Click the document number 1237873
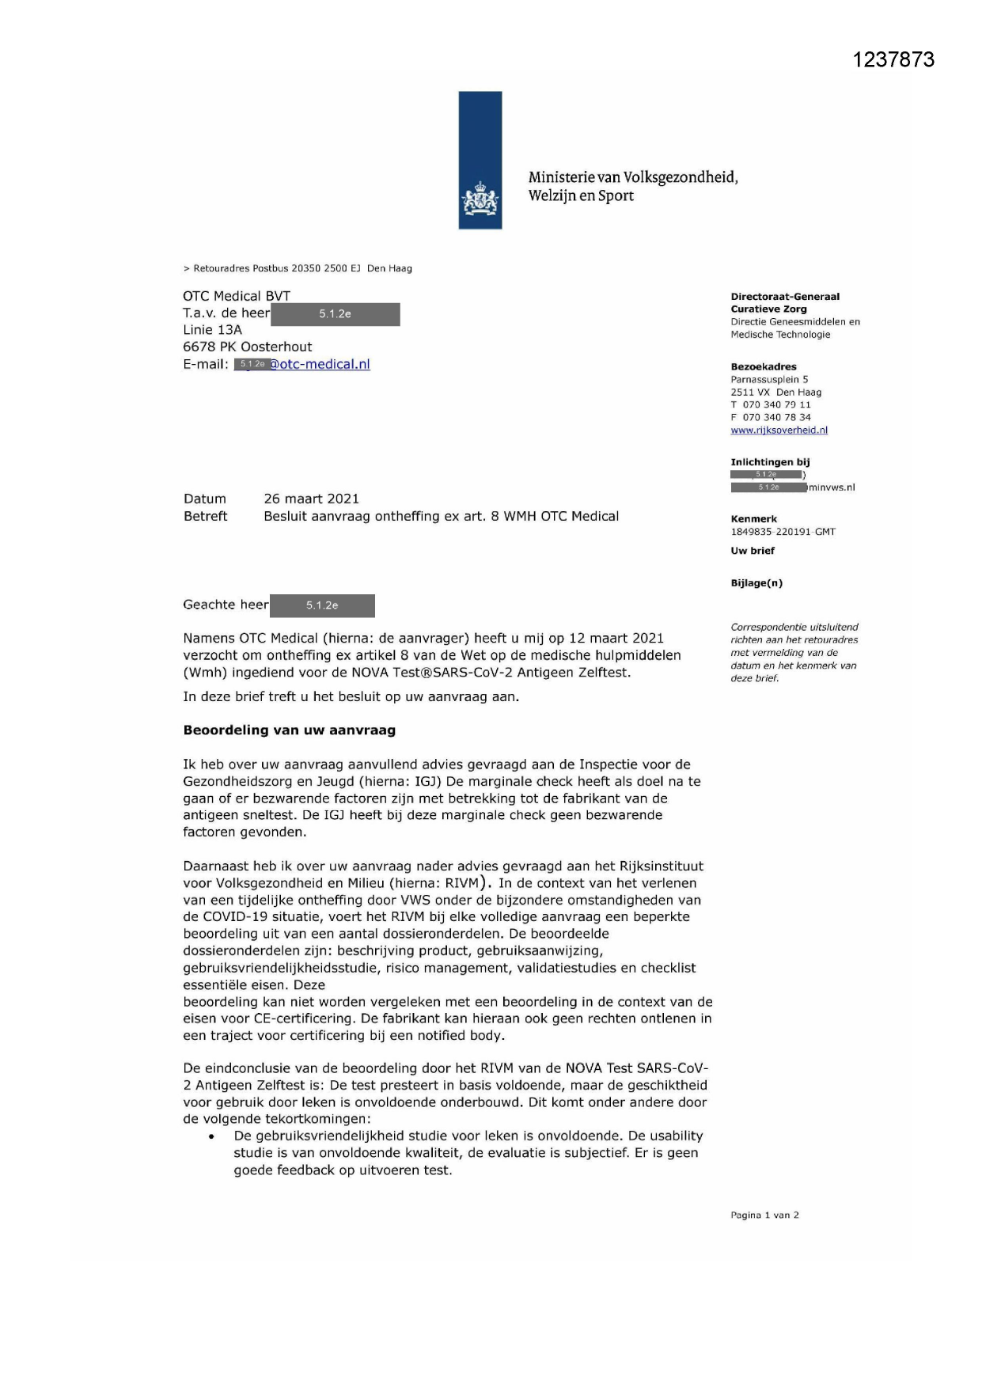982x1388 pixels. click(x=893, y=60)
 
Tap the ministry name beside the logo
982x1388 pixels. click(x=632, y=187)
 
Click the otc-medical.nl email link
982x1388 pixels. click(x=320, y=365)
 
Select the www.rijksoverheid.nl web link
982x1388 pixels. click(x=779, y=430)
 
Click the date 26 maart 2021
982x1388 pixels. click(x=311, y=499)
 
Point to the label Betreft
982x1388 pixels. click(x=205, y=517)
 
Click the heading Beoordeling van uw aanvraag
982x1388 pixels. click(x=289, y=730)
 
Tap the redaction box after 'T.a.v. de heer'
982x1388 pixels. click(x=336, y=314)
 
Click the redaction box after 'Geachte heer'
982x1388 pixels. click(x=322, y=605)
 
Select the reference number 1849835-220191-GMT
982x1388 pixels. click(x=783, y=533)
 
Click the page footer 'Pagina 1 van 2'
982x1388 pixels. click(x=764, y=1215)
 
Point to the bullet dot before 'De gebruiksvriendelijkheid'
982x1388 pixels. click(x=211, y=1137)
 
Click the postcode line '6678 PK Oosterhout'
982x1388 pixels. click(x=247, y=347)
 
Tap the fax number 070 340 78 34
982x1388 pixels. click(x=775, y=418)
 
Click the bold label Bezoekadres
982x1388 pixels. click(x=764, y=367)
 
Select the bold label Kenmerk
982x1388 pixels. click(x=753, y=520)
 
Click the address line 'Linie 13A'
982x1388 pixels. click(x=212, y=330)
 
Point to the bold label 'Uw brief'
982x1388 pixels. click(x=752, y=551)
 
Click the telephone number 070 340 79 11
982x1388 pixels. click(x=775, y=405)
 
